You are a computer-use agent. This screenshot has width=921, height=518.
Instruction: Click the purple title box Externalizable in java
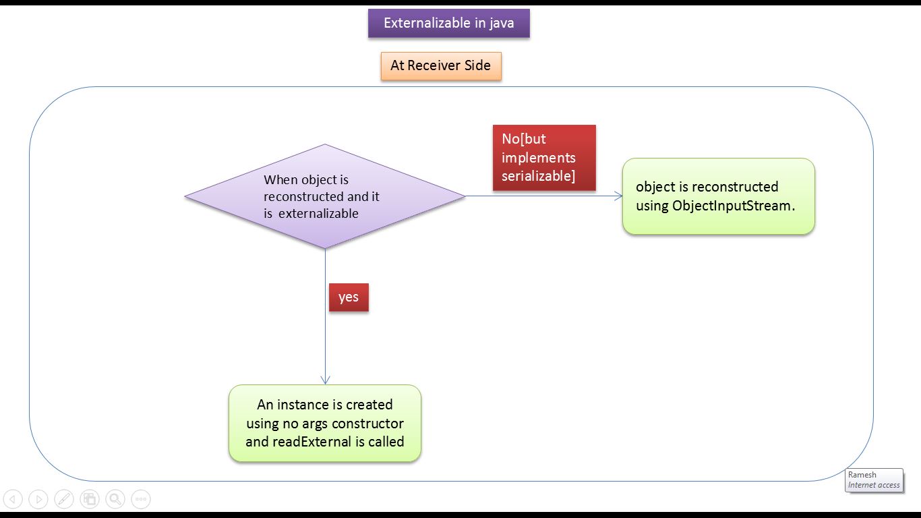coord(448,24)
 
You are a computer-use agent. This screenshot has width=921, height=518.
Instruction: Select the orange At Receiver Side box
coord(441,66)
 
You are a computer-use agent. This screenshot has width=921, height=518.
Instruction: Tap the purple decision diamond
coord(325,196)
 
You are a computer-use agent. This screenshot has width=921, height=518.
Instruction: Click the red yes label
coord(349,297)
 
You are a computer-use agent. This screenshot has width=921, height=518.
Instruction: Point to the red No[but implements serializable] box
coord(544,158)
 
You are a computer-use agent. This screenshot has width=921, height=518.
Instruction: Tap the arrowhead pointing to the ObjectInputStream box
coord(618,196)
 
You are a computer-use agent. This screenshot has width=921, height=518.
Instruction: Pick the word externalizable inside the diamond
coord(318,214)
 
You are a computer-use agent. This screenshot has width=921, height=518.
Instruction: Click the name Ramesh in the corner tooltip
coord(862,474)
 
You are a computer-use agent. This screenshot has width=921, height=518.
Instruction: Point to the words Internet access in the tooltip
coord(874,485)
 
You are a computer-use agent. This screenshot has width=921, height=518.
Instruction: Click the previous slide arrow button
coord(13,499)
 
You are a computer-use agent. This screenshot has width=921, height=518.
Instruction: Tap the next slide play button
coord(38,499)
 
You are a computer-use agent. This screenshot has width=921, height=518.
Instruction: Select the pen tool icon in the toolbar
coord(64,499)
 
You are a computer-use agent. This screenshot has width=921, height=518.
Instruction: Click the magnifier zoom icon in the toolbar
coord(115,499)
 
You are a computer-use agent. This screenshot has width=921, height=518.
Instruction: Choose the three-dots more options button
coord(141,499)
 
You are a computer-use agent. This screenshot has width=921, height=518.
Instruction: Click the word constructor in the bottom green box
coord(367,424)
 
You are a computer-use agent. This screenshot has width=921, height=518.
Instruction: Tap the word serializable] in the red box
coord(538,176)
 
